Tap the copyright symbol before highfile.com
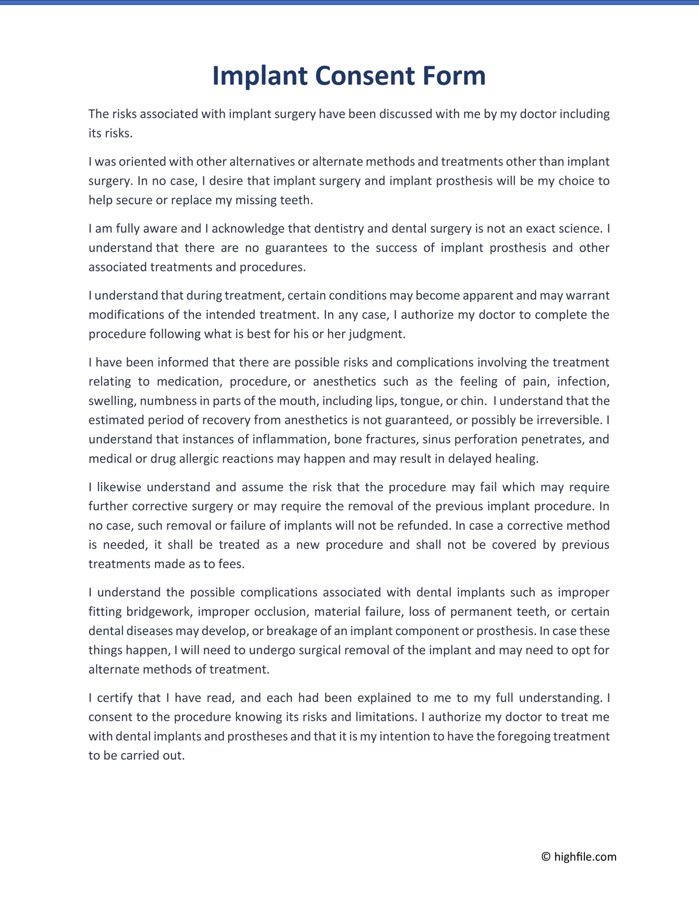coord(546,857)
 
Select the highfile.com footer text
coord(585,857)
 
